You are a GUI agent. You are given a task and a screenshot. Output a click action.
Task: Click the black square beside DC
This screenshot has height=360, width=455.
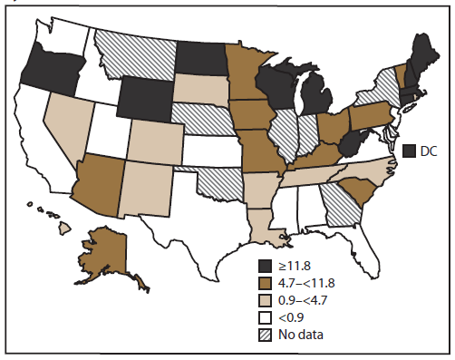410,150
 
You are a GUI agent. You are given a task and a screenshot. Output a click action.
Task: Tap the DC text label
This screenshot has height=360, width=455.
430,150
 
